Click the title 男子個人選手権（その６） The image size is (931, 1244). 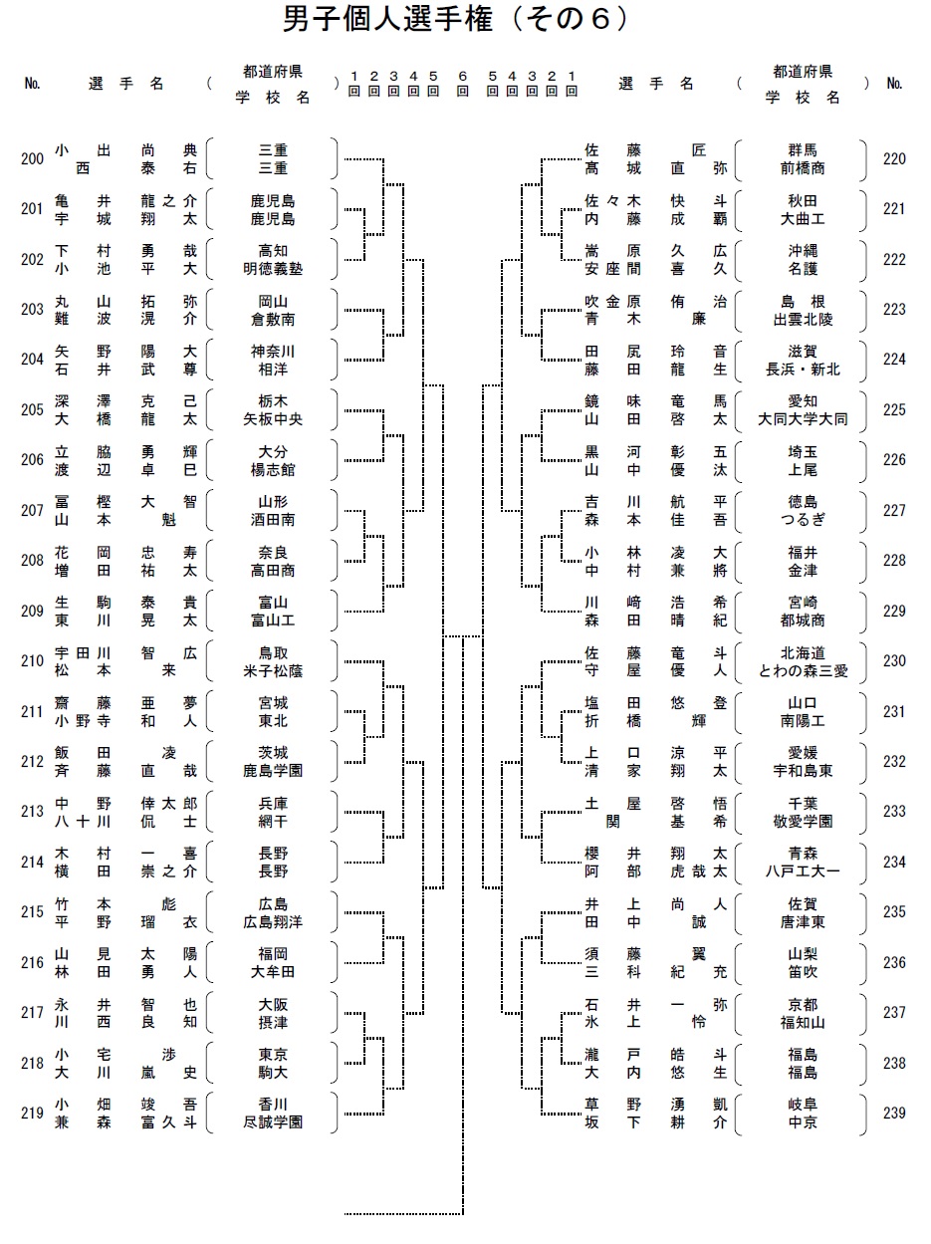point(456,19)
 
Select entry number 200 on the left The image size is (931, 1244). point(32,158)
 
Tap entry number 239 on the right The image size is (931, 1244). point(894,1113)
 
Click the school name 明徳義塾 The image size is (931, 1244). point(273,269)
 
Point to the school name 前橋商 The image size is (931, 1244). point(803,168)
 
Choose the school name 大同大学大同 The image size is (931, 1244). point(803,419)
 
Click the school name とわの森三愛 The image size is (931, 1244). point(803,671)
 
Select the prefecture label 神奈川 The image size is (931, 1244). point(273,352)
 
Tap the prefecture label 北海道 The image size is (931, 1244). point(803,653)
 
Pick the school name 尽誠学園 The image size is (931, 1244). point(273,1122)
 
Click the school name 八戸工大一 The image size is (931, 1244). point(803,871)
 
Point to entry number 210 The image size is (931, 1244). point(32,660)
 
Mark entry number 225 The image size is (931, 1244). point(894,409)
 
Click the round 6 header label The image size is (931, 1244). point(462,84)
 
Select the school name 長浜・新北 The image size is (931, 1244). point(803,370)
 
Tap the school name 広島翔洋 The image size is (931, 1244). point(273,922)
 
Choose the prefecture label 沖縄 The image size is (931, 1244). point(803,251)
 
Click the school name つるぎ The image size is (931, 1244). point(803,520)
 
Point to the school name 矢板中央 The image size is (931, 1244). point(273,419)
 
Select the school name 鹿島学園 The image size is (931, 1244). point(273,771)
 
